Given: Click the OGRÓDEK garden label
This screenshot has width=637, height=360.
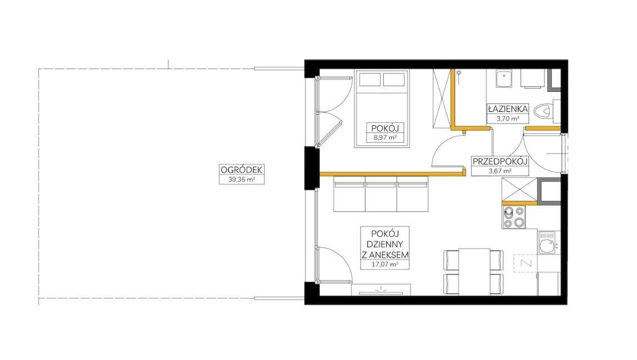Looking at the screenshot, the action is (241, 170).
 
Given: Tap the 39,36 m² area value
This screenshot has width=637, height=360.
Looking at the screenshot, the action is (241, 179).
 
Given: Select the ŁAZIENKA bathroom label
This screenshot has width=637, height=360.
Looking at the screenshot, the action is (508, 109).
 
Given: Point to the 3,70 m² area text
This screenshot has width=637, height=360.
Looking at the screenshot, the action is (508, 119).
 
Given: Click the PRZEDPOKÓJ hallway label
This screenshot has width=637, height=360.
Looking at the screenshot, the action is (500, 161).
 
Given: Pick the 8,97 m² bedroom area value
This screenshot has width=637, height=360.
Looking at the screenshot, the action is (385, 138).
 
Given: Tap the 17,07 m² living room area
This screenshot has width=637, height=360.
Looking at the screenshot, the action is (385, 264).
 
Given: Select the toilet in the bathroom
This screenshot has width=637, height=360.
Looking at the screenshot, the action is (546, 111).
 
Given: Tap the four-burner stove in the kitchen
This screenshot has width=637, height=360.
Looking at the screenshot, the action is (513, 217).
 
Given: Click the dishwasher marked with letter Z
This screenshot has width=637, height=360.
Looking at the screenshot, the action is (525, 263).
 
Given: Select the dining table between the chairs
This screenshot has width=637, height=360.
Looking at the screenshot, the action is (474, 272).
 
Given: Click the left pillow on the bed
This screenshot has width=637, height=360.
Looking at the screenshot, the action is (370, 80).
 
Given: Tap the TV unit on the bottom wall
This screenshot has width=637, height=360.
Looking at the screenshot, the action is (381, 290).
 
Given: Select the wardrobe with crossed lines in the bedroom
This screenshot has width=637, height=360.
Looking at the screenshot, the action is (441, 98).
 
